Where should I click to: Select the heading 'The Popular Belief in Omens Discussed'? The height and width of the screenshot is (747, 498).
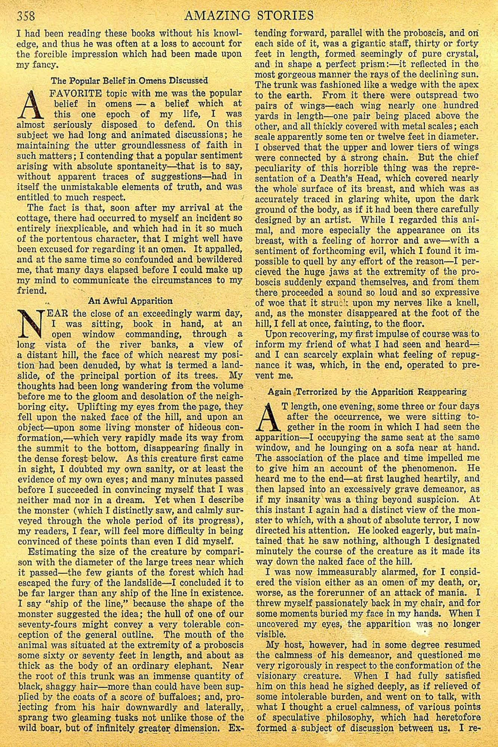pos(129,80)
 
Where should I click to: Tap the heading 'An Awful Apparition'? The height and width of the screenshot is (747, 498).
pos(130,301)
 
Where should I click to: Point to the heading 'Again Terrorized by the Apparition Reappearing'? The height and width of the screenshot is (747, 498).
pos(368,392)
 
